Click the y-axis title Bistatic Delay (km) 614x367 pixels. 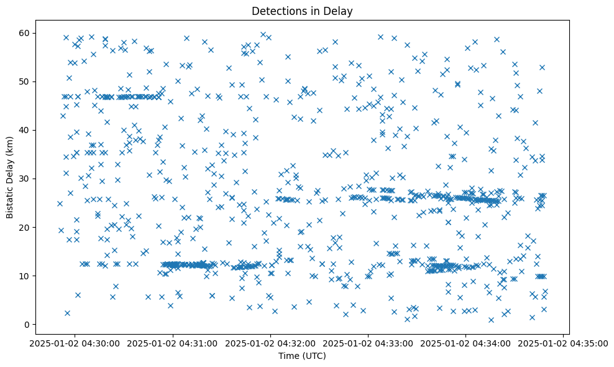(x=11, y=177)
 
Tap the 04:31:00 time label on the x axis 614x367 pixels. (x=173, y=343)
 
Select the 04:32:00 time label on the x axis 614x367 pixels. (x=270, y=343)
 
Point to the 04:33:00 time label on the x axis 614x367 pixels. (x=368, y=343)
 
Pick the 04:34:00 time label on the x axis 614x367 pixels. (x=465, y=343)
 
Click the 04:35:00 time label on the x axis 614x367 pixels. (x=563, y=343)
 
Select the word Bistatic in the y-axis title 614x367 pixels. (x=11, y=199)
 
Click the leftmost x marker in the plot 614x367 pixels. (x=60, y=203)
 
